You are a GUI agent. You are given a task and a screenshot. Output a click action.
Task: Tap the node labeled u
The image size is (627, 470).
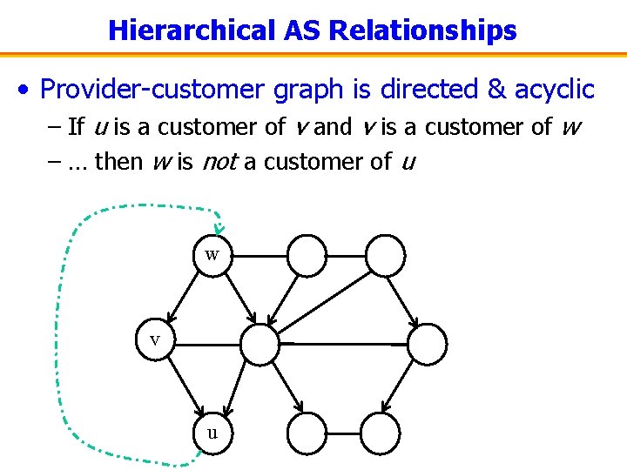(x=212, y=431)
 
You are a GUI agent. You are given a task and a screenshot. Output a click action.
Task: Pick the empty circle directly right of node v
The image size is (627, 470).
(x=260, y=344)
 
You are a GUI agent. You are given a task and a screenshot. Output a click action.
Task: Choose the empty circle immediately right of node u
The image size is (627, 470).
(x=306, y=431)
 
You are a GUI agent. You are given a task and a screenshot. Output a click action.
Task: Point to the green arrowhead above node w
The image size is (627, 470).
(x=219, y=228)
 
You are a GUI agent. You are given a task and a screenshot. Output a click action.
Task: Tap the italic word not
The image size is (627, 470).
(x=220, y=161)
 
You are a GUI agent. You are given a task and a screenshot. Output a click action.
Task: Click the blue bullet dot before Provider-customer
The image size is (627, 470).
(x=30, y=90)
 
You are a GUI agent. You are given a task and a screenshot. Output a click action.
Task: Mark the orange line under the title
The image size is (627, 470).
(x=313, y=52)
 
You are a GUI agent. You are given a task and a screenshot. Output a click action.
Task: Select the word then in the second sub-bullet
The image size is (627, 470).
(x=116, y=161)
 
